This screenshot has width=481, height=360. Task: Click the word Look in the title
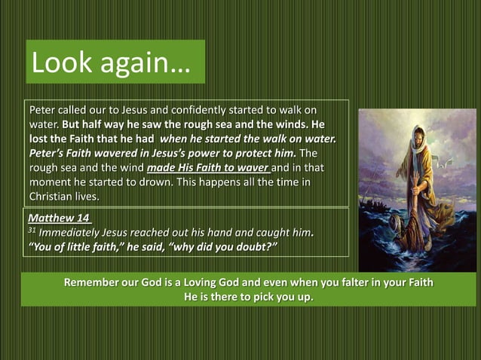[x=63, y=63]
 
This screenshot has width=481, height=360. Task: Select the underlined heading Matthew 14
[x=58, y=218]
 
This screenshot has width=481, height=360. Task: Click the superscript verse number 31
[x=31, y=229]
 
